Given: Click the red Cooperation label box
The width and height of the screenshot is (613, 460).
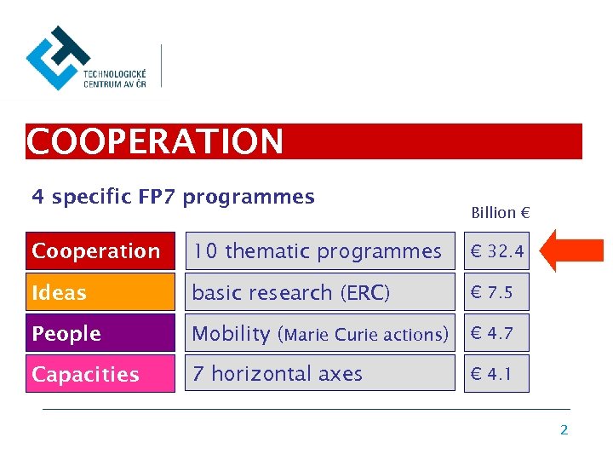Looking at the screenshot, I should pyautogui.click(x=100, y=251).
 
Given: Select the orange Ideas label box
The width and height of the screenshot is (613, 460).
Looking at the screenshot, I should pyautogui.click(x=100, y=292).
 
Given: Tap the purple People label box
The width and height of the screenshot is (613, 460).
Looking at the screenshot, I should pyautogui.click(x=100, y=333).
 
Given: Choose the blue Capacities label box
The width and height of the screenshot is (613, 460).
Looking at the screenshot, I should pyautogui.click(x=100, y=374).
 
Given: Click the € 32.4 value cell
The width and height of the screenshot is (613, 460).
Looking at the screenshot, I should pyautogui.click(x=496, y=251).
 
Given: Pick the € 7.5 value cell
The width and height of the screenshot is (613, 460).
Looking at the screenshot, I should pyautogui.click(x=496, y=292).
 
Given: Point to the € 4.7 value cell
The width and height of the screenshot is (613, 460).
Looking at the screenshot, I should pyautogui.click(x=496, y=333).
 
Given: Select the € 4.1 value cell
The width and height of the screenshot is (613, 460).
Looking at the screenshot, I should pyautogui.click(x=496, y=374).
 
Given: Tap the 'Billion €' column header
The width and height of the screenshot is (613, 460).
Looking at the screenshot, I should pyautogui.click(x=501, y=213).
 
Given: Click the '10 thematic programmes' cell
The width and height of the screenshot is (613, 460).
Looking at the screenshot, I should pyautogui.click(x=320, y=251).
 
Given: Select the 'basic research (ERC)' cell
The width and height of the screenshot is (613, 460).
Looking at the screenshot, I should pyautogui.click(x=320, y=292).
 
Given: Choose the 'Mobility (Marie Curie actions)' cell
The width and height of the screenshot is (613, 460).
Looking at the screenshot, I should pyautogui.click(x=320, y=333).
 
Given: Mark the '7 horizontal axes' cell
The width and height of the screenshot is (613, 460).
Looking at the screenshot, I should pyautogui.click(x=320, y=374).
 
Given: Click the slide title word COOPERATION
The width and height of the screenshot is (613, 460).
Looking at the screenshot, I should pyautogui.click(x=155, y=141).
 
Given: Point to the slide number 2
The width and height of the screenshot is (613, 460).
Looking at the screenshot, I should pyautogui.click(x=564, y=430).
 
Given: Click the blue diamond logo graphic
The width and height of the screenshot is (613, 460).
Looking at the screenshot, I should pyautogui.click(x=56, y=57).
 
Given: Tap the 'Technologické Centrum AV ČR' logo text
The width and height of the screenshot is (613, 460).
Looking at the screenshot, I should pyautogui.click(x=114, y=79).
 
